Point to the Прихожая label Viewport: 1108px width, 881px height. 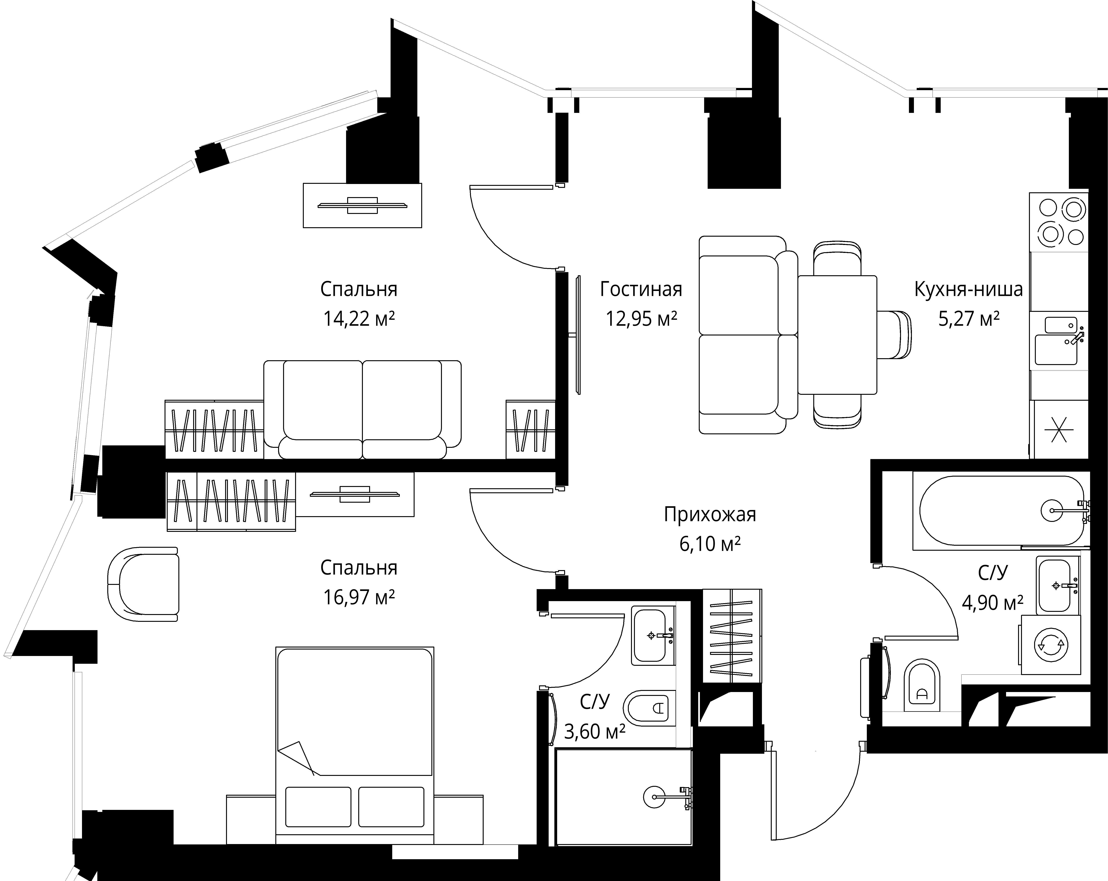[x=710, y=514]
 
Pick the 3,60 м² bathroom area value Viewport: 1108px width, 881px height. [x=595, y=731]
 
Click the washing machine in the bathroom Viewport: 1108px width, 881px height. [x=1051, y=645]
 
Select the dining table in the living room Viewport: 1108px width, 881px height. [x=837, y=335]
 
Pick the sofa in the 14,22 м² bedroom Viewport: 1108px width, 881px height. [x=362, y=410]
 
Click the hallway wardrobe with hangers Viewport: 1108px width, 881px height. [x=732, y=636]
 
